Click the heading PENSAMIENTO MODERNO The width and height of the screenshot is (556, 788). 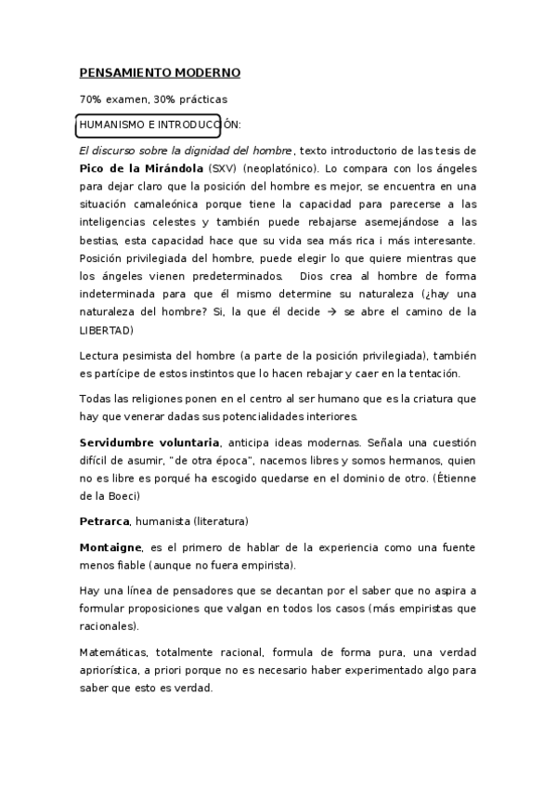point(159,72)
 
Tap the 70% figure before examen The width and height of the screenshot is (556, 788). point(91,99)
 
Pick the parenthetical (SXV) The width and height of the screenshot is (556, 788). point(223,171)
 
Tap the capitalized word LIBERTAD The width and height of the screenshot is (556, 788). point(106,331)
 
